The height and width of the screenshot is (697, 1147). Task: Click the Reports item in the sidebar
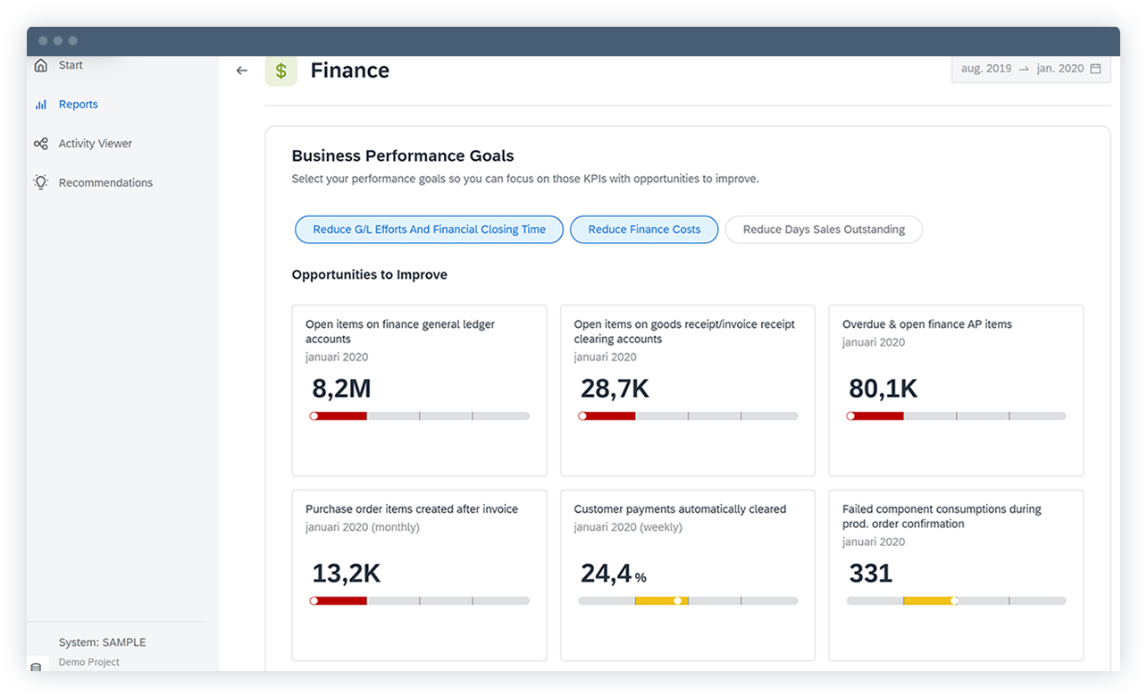pos(78,105)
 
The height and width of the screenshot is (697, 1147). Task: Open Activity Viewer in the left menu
pos(95,144)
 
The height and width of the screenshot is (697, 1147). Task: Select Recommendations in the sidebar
pos(105,183)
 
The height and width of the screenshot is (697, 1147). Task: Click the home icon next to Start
pos(40,65)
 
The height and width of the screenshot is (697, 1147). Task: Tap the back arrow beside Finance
pos(241,71)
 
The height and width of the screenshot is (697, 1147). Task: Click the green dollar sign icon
pos(280,71)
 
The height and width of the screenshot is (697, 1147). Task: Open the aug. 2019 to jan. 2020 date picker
pos(1030,69)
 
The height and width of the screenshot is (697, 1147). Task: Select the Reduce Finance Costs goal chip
pos(644,230)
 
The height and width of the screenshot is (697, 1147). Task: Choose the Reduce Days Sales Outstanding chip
pos(823,230)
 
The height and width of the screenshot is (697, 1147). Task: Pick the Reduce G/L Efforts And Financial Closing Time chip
pos(429,230)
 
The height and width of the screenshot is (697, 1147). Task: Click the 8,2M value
pos(341,389)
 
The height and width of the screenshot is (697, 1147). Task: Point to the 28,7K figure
pos(615,389)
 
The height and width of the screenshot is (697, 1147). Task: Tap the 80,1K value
pos(883,389)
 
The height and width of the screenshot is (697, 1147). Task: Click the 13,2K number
pos(346,574)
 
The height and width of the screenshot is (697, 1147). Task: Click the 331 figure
pos(870,574)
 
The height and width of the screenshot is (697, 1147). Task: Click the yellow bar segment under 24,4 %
pos(661,601)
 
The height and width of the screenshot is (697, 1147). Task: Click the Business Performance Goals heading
pos(403,156)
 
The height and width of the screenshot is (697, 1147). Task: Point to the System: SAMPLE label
pos(102,642)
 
